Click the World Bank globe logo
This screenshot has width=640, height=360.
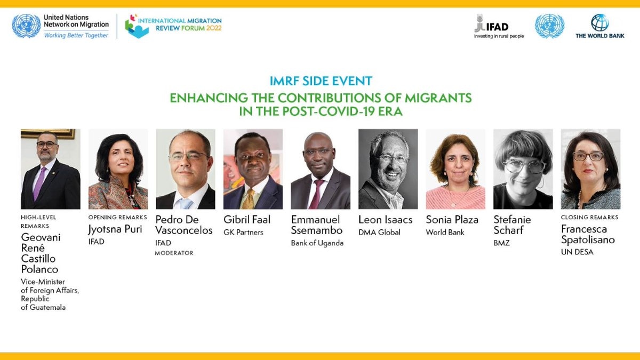tap(599, 22)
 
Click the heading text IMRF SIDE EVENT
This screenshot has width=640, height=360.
tap(321, 81)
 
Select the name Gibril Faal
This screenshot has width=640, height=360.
tap(247, 219)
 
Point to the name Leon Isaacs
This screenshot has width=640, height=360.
tap(386, 219)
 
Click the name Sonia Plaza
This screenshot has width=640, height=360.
tap(452, 219)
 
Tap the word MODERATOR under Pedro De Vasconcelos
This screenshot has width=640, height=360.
tap(174, 253)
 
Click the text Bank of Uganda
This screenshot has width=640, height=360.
tap(317, 243)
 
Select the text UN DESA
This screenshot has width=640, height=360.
tap(577, 252)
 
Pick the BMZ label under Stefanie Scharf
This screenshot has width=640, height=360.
tap(501, 243)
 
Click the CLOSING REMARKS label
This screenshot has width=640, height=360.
tap(589, 217)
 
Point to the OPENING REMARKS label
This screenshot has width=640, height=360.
tap(118, 217)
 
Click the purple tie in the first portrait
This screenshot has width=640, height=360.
tap(39, 184)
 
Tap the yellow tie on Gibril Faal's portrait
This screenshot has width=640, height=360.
tap(249, 199)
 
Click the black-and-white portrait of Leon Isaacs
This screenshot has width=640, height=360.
tap(388, 169)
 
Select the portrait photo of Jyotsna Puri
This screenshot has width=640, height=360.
tap(118, 169)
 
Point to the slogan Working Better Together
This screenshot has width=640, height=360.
tap(76, 35)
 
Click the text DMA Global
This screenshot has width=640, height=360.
tap(379, 233)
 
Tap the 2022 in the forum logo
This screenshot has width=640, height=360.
tap(214, 28)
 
